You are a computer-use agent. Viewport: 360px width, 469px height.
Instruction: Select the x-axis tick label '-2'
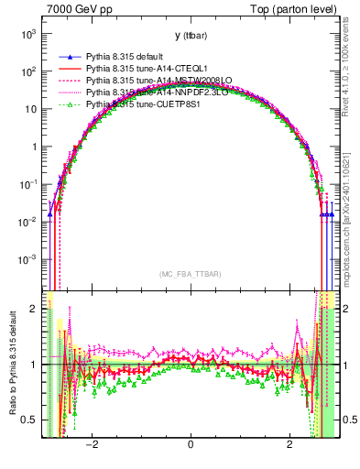92,445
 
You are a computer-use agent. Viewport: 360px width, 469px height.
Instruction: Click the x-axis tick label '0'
190,445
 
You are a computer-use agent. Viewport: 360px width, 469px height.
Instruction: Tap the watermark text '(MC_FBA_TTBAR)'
190,275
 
